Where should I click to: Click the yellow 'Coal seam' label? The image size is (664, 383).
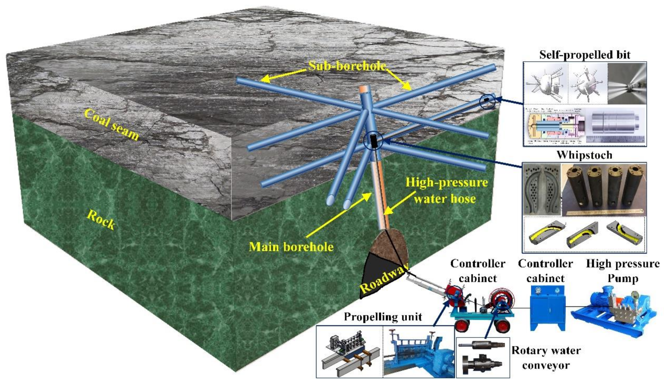tap(111, 124)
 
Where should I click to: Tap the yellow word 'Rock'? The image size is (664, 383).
tap(101, 220)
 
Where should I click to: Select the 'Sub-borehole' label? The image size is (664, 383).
tap(347, 66)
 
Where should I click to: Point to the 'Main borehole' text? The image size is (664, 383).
tap(291, 247)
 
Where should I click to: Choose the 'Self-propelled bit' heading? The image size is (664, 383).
tap(585, 55)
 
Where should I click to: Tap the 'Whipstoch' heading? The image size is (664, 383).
tap(584, 155)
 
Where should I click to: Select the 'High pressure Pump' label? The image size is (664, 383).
tap(623, 271)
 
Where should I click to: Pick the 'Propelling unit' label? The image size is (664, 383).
tap(383, 316)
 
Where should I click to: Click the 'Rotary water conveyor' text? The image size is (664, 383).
tap(546, 358)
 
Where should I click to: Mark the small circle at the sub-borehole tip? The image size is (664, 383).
tap(487, 101)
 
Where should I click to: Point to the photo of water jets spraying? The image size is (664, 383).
tap(627, 83)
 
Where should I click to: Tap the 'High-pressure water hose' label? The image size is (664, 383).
tap(446, 190)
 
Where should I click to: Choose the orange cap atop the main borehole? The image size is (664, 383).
tap(365, 89)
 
